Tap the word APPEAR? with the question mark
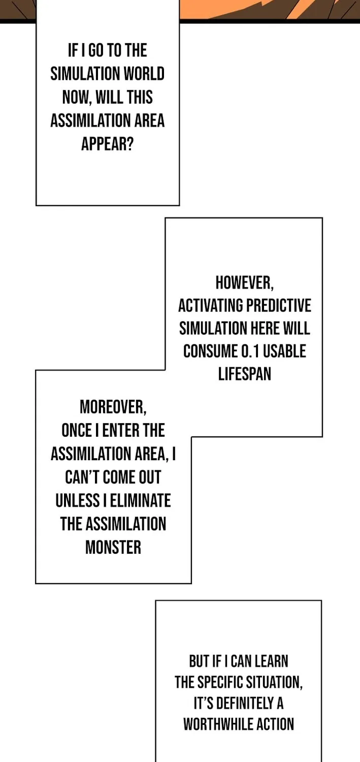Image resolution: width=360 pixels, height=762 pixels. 107,144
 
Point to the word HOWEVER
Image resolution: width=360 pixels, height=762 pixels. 244,283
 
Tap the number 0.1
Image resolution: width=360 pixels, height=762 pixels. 250,352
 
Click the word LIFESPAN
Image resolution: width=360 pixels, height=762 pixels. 244,374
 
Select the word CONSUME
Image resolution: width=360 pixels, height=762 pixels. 210,352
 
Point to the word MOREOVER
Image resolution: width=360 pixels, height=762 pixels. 113,407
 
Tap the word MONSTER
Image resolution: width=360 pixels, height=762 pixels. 113,548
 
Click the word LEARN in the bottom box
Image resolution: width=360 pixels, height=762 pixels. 271,661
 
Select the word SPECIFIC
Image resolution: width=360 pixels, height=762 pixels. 220,682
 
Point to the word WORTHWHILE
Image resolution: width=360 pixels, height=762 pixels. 218,724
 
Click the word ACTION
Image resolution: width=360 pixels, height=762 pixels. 275,724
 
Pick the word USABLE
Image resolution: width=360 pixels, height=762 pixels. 284,352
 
